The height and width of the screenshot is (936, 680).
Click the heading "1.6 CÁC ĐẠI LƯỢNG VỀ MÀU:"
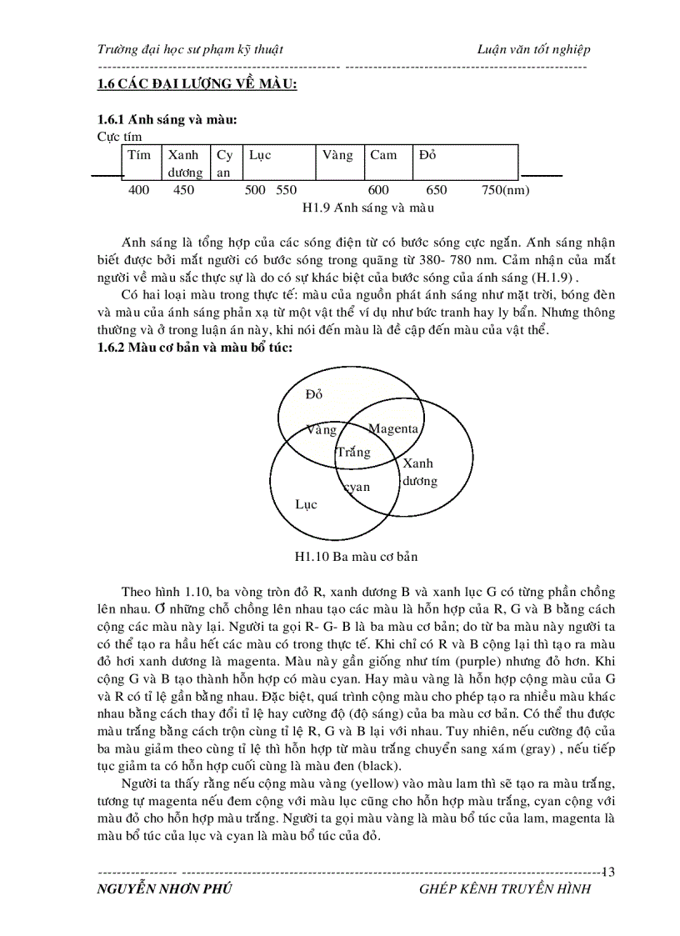[197, 84]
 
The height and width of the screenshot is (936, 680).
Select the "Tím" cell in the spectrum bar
[138, 155]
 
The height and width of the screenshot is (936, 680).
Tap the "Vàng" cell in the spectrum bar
[337, 155]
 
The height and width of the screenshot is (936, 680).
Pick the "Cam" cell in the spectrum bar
[383, 155]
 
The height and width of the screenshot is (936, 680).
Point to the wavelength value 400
[138, 190]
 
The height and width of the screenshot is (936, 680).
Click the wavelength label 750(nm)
[505, 190]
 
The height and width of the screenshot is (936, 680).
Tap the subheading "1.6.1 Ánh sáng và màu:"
[167, 120]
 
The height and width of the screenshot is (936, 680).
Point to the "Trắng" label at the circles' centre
[352, 453]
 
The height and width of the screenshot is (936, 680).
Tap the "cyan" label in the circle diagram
[357, 487]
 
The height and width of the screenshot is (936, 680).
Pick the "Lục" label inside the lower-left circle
[307, 504]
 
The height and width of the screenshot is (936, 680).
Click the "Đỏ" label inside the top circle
[314, 393]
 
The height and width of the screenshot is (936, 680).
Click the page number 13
[607, 872]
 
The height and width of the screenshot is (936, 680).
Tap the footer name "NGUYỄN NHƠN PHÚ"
[164, 889]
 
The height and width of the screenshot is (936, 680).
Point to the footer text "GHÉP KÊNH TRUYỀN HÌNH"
[505, 889]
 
